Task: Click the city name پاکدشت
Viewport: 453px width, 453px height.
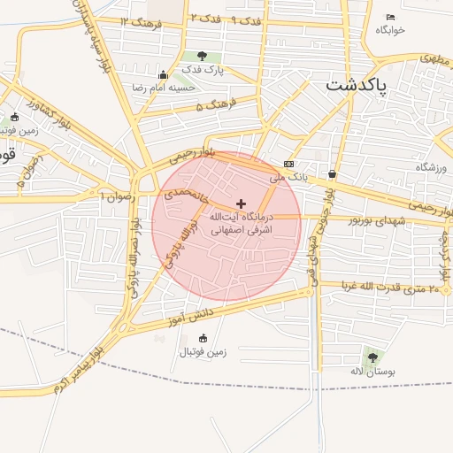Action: pos(359,86)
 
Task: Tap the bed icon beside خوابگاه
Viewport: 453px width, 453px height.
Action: pos(390,17)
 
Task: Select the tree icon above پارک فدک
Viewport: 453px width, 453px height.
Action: pos(203,56)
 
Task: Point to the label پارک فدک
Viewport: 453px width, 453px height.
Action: pos(203,69)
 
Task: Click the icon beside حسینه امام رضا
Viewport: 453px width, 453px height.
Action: pos(163,75)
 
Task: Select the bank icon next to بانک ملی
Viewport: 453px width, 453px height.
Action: pos(288,165)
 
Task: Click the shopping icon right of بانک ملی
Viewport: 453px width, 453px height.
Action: pos(332,173)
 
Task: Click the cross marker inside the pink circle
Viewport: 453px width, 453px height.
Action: pos(242,203)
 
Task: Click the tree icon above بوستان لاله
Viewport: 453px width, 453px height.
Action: pos(372,357)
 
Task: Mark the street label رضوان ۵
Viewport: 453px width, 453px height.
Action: pos(20,171)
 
